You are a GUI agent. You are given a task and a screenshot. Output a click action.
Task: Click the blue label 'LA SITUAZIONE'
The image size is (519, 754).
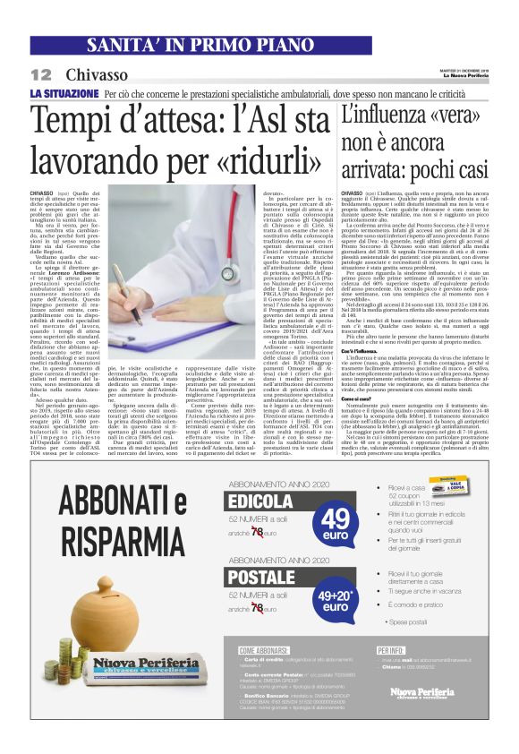[64, 93]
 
